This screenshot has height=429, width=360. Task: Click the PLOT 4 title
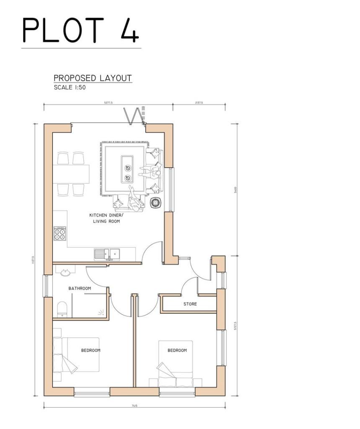(80, 30)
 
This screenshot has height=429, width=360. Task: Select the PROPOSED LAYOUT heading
(93, 78)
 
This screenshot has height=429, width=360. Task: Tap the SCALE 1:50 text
(69, 88)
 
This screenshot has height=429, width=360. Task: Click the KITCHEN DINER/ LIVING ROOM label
(106, 218)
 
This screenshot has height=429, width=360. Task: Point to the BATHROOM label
(80, 288)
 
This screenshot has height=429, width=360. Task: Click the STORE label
(190, 304)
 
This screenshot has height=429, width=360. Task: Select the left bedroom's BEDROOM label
(91, 350)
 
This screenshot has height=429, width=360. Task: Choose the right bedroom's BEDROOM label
(177, 350)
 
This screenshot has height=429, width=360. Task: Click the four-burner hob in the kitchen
(60, 233)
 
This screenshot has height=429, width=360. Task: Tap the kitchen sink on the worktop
(107, 253)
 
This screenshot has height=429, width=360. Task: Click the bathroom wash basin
(66, 273)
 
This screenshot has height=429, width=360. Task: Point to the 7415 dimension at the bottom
(134, 406)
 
